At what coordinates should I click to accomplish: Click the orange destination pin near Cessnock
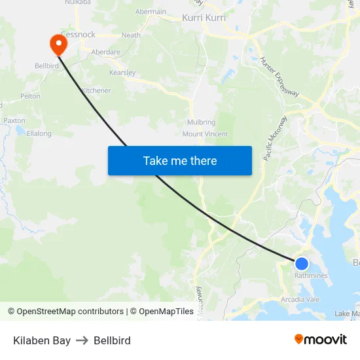(58, 43)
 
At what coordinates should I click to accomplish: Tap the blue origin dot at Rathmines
(301, 263)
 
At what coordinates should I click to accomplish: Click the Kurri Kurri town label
(204, 18)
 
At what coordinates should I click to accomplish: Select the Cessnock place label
(78, 35)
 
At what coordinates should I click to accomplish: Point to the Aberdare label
(105, 52)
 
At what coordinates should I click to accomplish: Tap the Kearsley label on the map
(122, 73)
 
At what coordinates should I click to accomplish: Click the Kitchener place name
(96, 90)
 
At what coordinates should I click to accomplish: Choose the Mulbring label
(201, 122)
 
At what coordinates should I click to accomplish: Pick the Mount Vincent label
(205, 134)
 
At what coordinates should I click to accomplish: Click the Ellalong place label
(39, 134)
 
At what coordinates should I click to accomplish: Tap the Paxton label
(14, 120)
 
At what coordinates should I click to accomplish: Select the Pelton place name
(30, 96)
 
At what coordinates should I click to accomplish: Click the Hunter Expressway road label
(279, 77)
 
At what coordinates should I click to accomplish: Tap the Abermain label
(151, 12)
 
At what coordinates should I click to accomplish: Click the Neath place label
(131, 35)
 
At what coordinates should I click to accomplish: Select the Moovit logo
(320, 340)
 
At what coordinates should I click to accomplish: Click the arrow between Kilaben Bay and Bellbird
(82, 340)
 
